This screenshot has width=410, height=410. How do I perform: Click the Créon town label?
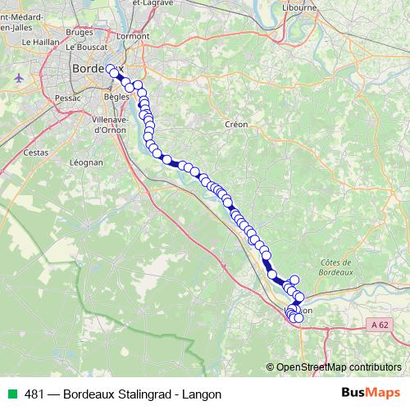235,124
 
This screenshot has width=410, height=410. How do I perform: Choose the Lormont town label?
134,36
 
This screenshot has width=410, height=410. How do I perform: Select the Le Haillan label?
39,41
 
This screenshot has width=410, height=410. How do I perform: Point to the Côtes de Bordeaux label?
332,267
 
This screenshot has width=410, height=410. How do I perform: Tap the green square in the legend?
13,394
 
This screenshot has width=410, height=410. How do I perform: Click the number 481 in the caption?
34,394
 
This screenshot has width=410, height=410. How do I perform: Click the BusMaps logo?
370,393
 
